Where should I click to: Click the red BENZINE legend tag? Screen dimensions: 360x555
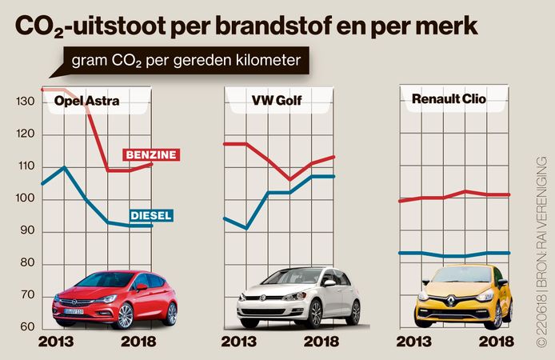pos(150,154)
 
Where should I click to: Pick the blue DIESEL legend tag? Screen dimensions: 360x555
pos(150,214)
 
